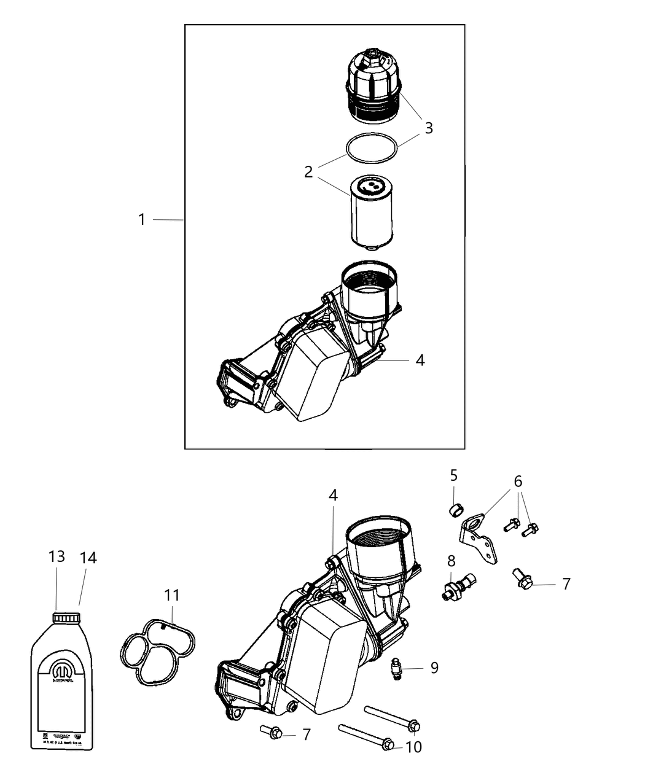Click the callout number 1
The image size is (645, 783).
point(142,219)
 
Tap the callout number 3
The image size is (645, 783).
point(429,128)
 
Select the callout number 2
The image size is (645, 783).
point(308,172)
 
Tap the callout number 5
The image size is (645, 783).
point(453,475)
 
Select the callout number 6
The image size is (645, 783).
point(518,481)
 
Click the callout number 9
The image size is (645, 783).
point(434,668)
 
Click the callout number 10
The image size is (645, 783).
point(414,747)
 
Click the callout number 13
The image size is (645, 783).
point(57,556)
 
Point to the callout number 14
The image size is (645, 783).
point(88,558)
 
